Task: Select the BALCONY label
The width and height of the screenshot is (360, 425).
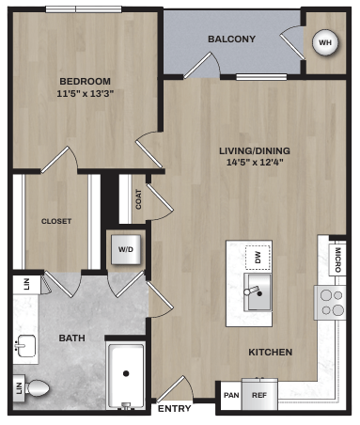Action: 232,39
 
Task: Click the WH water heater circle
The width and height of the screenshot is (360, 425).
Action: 325,42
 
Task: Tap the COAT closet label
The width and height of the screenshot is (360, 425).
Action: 139,199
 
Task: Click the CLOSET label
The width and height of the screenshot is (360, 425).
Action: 56,221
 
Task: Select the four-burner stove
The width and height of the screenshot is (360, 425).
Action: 332,302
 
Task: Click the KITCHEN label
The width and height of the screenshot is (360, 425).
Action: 270,352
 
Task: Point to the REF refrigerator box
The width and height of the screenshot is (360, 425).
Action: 258,396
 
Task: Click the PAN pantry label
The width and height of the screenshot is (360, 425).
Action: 230,396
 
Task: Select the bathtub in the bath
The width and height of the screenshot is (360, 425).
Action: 126,375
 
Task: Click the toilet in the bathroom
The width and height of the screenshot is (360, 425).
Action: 39,386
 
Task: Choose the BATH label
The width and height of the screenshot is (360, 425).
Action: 72,338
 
